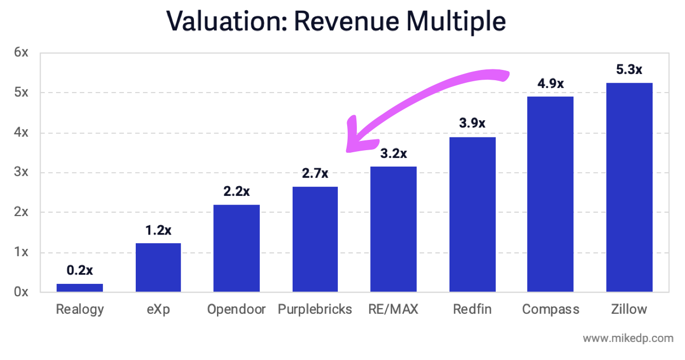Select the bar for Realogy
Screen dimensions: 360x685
tap(80, 288)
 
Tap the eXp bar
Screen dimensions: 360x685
tap(158, 267)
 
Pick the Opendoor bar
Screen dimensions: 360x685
tap(237, 248)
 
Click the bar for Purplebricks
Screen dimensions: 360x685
tap(315, 239)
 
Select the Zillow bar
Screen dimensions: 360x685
tap(629, 188)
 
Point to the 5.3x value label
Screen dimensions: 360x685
tap(629, 69)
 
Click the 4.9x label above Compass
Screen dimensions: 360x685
tap(550, 83)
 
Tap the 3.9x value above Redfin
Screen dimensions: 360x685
tap(472, 123)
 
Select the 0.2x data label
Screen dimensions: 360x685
tap(80, 270)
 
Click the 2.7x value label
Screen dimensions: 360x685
tap(315, 173)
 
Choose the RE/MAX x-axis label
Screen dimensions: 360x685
tap(393, 309)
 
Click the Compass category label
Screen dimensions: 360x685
tap(550, 309)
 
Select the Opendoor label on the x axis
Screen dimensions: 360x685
tap(237, 309)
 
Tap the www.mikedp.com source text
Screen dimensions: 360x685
tap(628, 338)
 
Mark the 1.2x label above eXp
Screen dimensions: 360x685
tap(158, 230)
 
